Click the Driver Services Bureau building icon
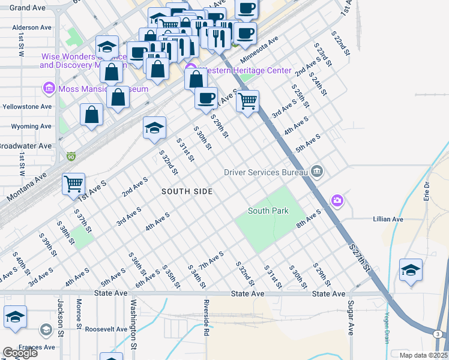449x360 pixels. click(x=317, y=172)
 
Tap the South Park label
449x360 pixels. click(x=268, y=211)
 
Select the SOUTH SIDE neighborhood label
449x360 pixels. click(x=187, y=191)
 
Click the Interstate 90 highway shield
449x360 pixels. click(x=71, y=156)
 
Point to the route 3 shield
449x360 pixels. click(x=438, y=334)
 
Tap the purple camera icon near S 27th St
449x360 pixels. click(x=337, y=200)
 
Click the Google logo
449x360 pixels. click(x=20, y=353)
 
